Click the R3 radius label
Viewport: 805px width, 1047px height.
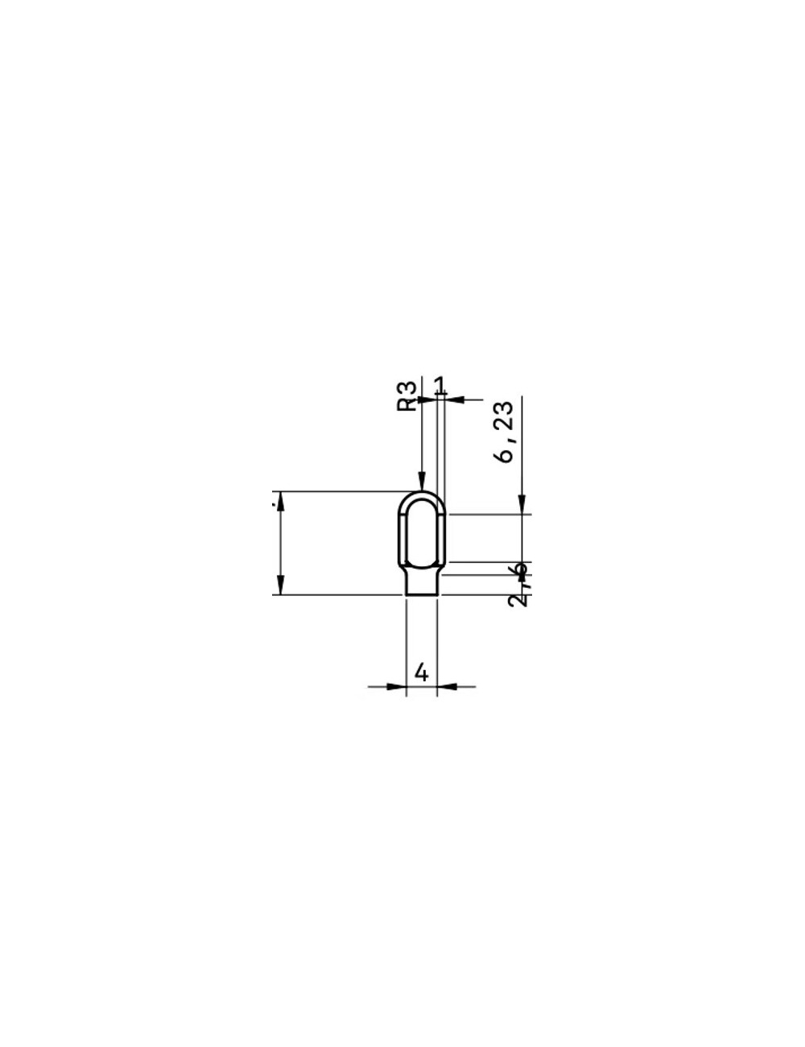410,395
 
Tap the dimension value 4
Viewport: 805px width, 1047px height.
421,671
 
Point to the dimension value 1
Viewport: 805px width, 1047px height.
440,385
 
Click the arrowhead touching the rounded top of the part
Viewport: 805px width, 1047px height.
421,481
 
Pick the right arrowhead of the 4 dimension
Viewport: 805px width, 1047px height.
447,687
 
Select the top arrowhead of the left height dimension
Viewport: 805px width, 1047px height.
279,500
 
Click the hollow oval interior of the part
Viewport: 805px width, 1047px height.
421,532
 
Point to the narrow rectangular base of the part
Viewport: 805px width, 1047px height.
421,583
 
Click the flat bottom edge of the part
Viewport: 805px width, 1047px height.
421,595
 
